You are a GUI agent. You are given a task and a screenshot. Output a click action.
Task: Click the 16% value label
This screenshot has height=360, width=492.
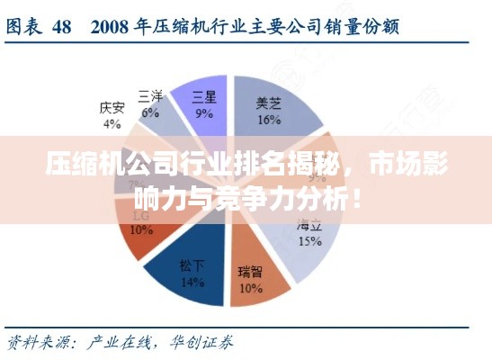click(x=269, y=118)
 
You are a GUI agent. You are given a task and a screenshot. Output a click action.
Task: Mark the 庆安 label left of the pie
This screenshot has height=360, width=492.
click(x=112, y=108)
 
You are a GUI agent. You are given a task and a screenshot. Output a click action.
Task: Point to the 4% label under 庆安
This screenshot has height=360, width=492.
click(x=112, y=122)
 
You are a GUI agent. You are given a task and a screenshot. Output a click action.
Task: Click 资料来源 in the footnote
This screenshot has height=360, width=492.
click(x=35, y=341)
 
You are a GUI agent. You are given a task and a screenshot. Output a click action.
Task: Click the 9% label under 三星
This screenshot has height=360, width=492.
click(x=204, y=113)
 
